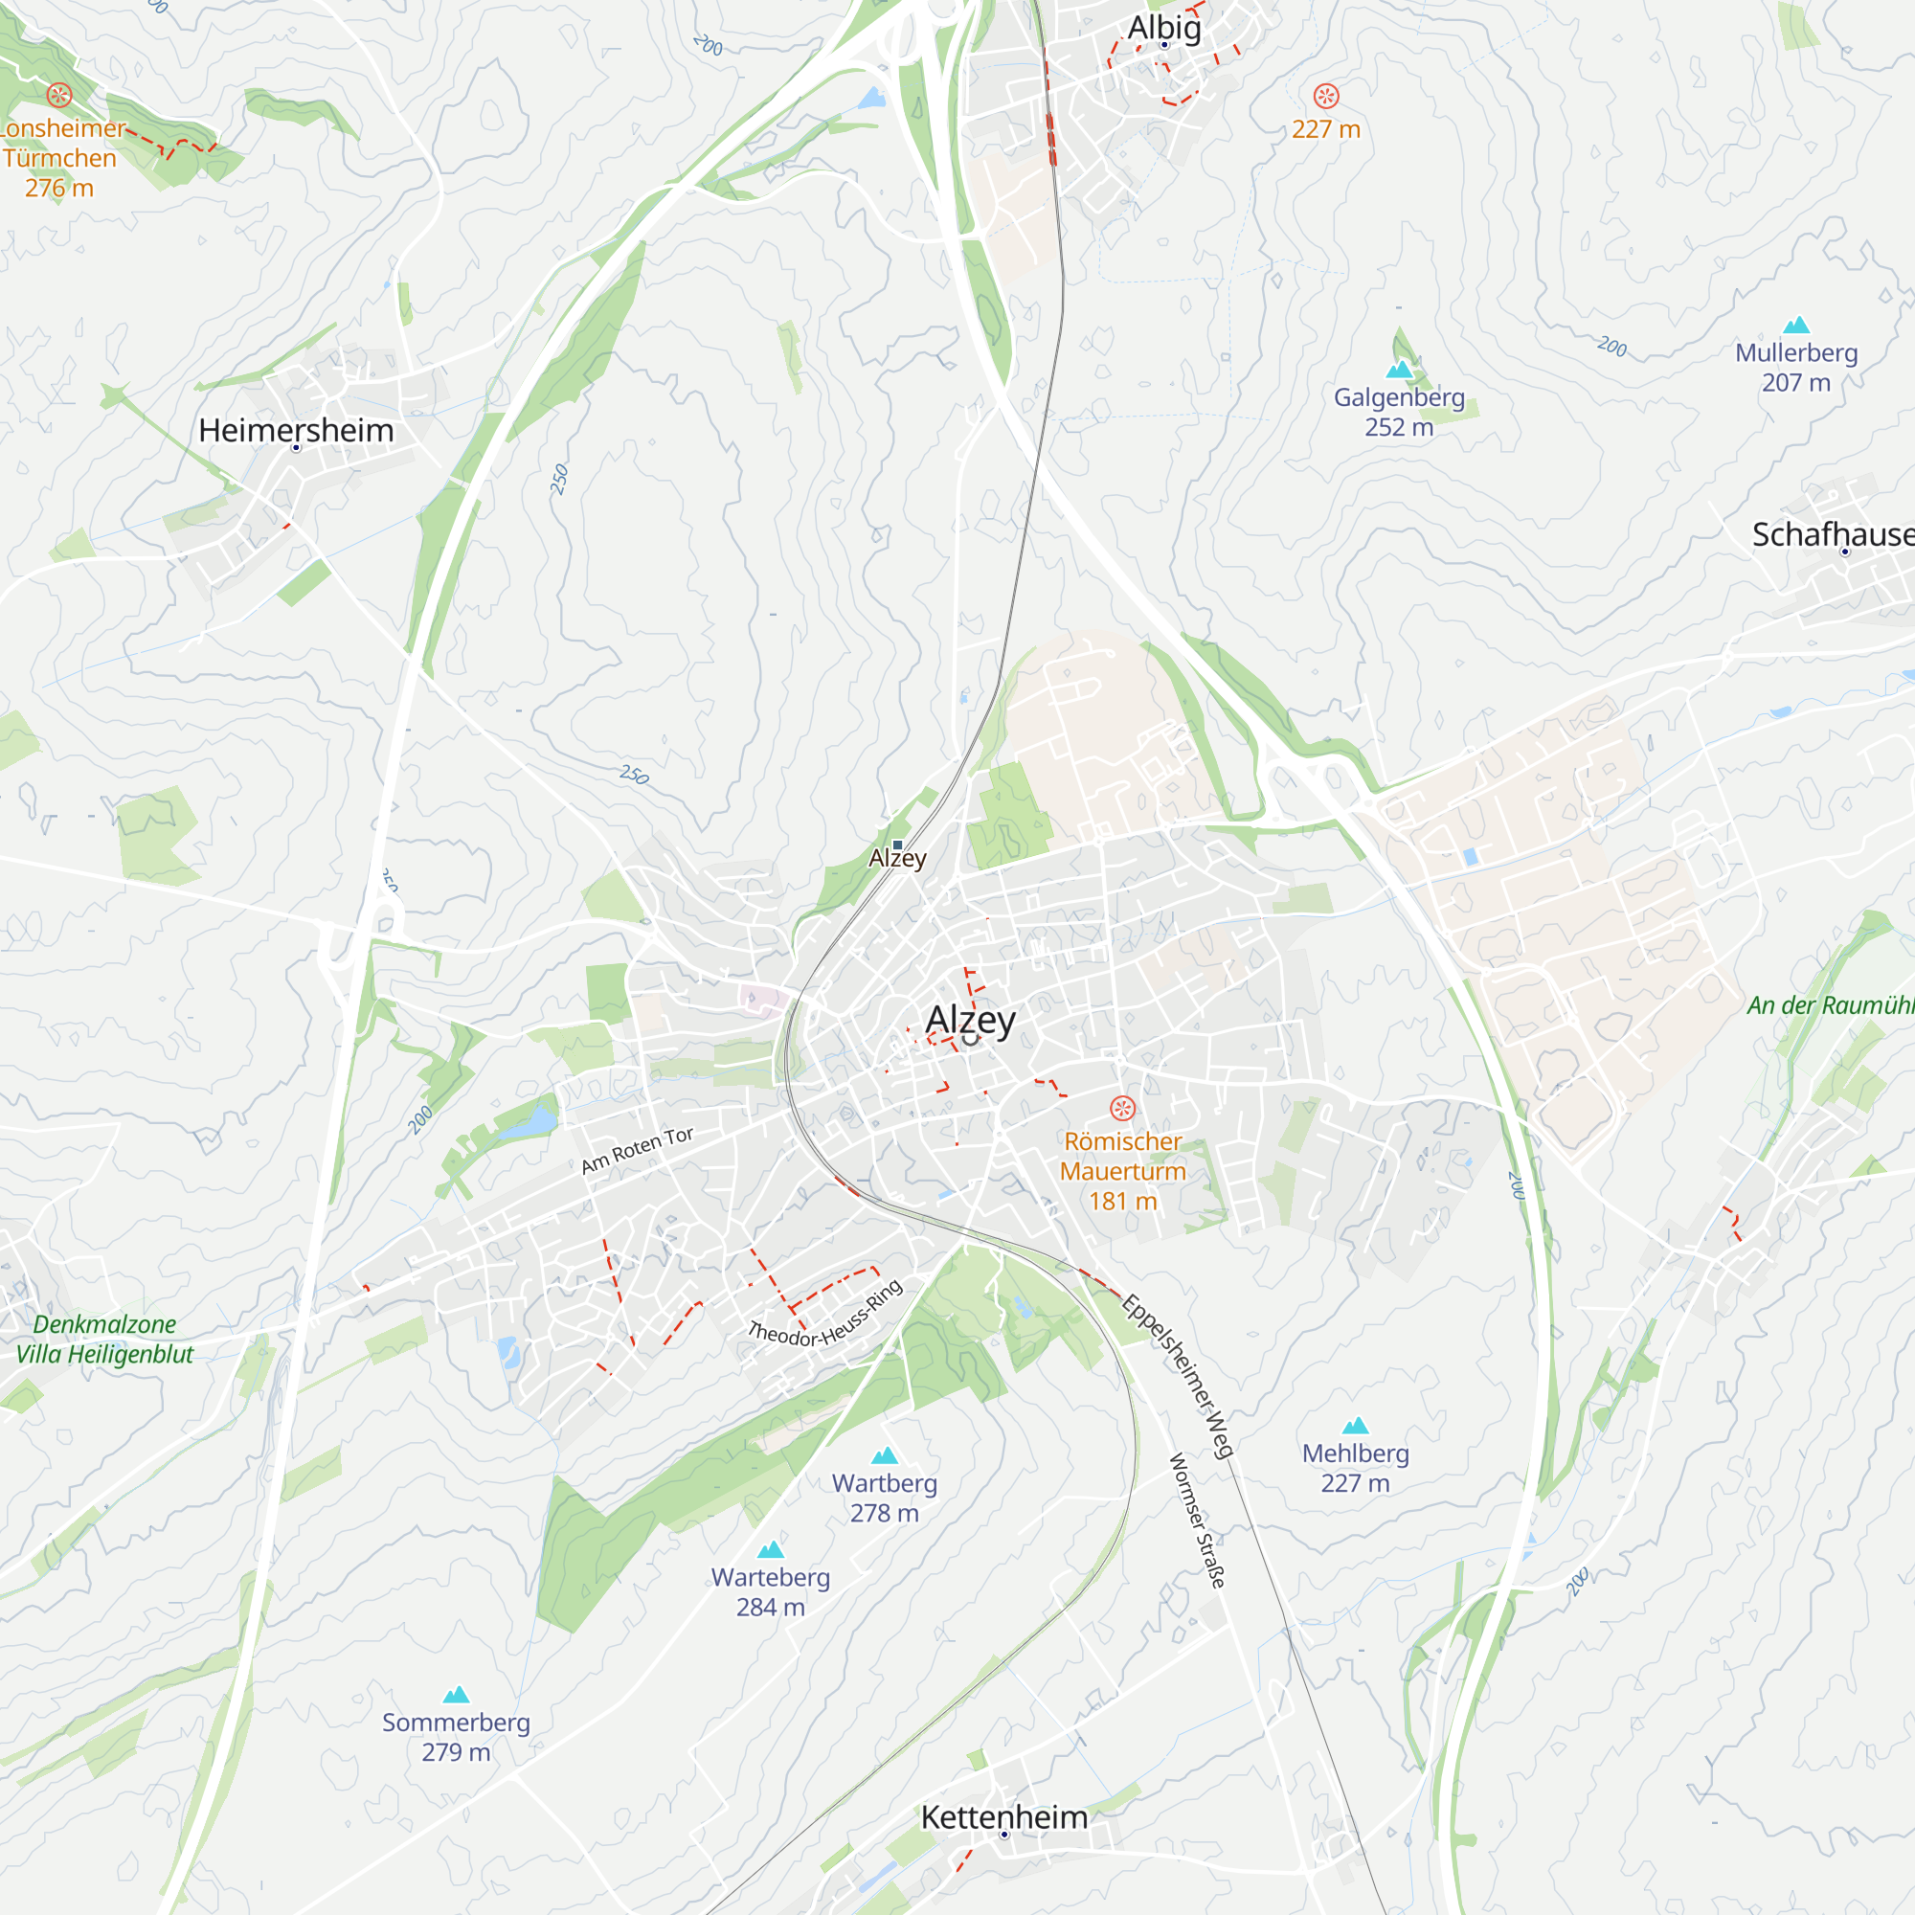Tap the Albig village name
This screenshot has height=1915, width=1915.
pyautogui.click(x=1163, y=28)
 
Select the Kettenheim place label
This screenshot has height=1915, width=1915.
pyautogui.click(x=1003, y=1817)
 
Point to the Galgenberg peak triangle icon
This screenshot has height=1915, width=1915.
pyautogui.click(x=1399, y=370)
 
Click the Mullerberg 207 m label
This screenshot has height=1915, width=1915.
pyautogui.click(x=1795, y=367)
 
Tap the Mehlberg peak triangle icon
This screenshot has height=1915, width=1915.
pyautogui.click(x=1355, y=1427)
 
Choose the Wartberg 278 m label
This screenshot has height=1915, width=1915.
pyautogui.click(x=884, y=1498)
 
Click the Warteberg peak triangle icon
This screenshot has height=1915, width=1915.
pyautogui.click(x=770, y=1550)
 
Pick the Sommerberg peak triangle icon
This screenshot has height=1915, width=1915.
pyautogui.click(x=456, y=1695)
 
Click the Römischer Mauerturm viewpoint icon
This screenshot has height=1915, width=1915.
pyautogui.click(x=1122, y=1108)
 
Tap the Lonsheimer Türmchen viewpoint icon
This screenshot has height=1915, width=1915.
pyautogui.click(x=59, y=95)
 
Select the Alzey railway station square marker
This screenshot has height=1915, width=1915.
pyautogui.click(x=897, y=845)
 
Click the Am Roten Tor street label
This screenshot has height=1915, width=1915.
pyautogui.click(x=637, y=1150)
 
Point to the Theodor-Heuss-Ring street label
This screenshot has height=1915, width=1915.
pyautogui.click(x=824, y=1315)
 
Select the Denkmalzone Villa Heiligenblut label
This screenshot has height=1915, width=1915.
pyautogui.click(x=104, y=1340)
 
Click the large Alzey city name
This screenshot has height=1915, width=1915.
pyautogui.click(x=970, y=1019)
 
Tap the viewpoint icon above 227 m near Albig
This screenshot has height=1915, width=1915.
pyautogui.click(x=1326, y=96)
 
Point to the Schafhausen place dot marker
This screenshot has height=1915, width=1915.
pyautogui.click(x=1845, y=552)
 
